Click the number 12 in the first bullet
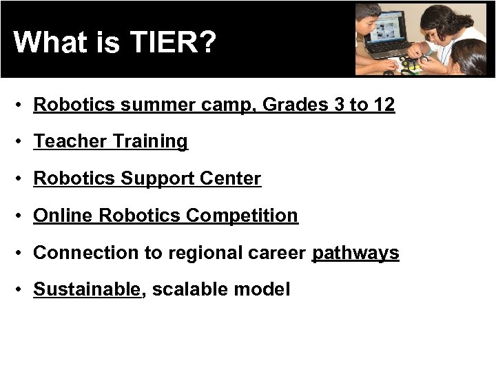pos(384,105)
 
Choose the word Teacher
pos(70,141)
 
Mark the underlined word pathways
pos(355,253)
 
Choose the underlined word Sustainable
pos(87,289)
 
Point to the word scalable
pos(189,289)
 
